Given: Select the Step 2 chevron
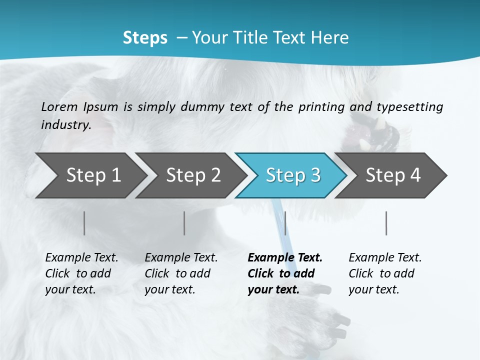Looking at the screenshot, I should click(x=193, y=175).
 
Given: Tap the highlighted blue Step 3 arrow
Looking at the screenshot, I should click(x=293, y=175).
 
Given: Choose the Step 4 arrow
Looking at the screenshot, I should click(x=393, y=175).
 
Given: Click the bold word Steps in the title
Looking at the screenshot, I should click(x=145, y=38).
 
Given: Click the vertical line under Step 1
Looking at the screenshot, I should click(x=84, y=223).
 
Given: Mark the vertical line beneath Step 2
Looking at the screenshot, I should click(x=184, y=223).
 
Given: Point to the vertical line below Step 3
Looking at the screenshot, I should click(x=285, y=223).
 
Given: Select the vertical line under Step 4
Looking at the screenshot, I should click(x=386, y=223).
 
